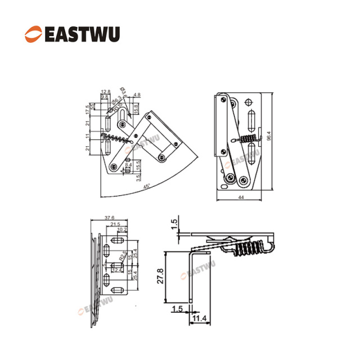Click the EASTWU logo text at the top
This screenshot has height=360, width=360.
click(81, 33)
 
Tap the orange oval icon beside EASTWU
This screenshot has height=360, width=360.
click(33, 33)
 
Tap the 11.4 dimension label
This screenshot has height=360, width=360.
click(198, 318)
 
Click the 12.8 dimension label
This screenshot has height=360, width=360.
click(105, 92)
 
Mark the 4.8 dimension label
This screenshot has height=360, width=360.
click(137, 95)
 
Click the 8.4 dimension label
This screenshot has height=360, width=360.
click(128, 165)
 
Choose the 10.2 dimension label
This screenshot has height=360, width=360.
click(123, 230)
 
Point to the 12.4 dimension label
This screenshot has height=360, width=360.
click(118, 270)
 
